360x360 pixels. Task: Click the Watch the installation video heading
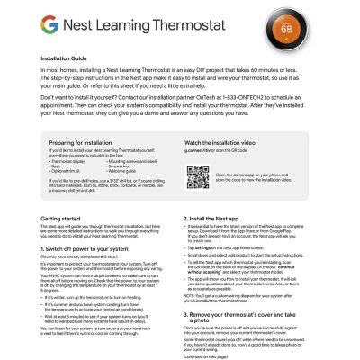[x=227, y=143]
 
